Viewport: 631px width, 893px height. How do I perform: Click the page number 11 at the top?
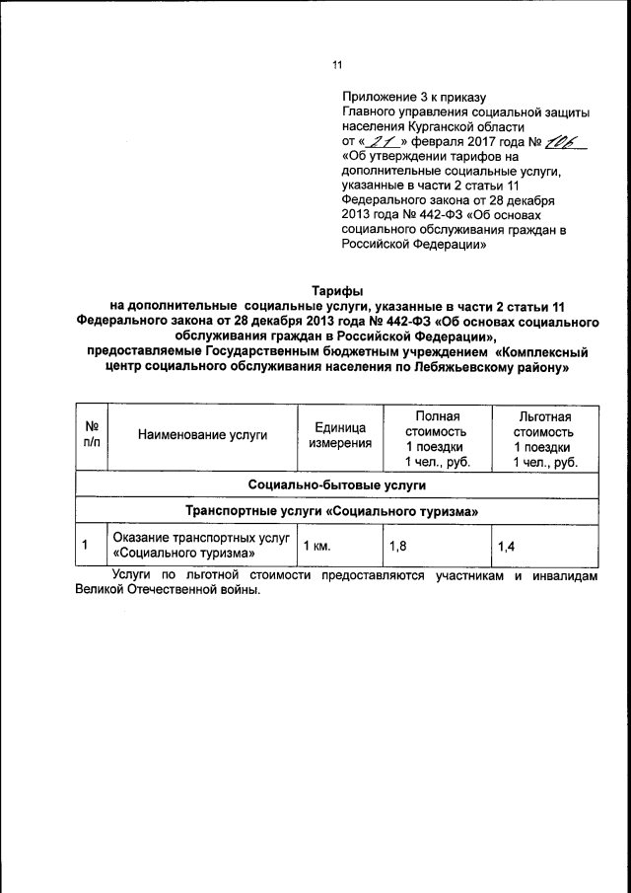click(337, 66)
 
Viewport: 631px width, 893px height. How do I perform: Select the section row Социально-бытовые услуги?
click(337, 486)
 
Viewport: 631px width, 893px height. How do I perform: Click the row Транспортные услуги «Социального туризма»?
click(337, 511)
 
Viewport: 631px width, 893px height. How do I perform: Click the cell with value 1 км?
click(316, 545)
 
